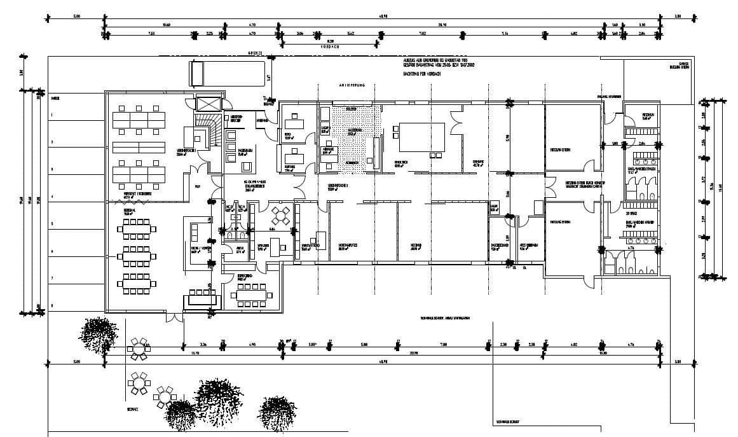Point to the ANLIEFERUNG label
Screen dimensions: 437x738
pos(352,85)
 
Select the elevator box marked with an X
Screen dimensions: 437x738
pos(207,103)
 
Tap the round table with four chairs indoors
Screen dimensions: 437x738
pos(279,214)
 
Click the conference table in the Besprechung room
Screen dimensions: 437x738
pos(253,295)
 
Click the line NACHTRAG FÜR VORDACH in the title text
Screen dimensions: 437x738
pos(421,74)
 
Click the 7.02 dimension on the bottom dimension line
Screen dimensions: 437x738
pos(443,344)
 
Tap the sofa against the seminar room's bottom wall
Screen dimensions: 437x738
pos(201,300)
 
